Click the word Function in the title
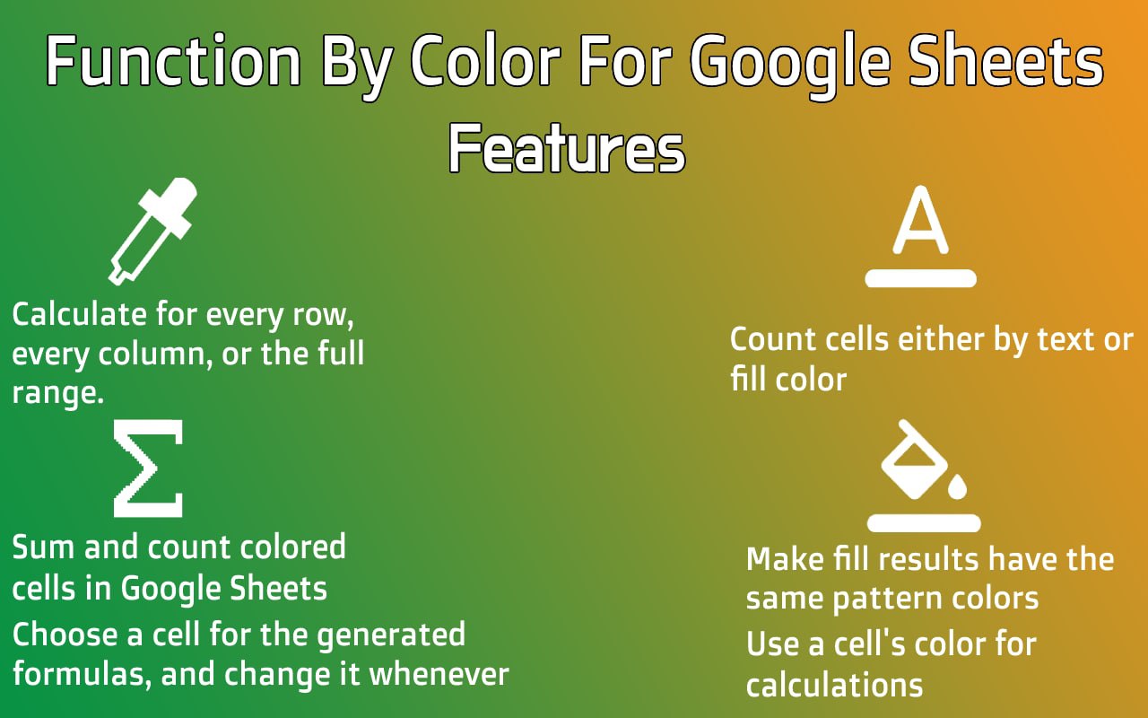pos(174,60)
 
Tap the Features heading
pos(567,149)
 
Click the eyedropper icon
pos(152,232)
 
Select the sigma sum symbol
pos(148,468)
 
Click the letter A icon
pos(920,220)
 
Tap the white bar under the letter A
pos(920,278)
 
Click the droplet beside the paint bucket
pos(957,486)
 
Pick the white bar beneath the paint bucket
pos(924,522)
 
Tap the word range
pos(58,394)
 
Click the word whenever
pos(439,674)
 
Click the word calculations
pos(834,685)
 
